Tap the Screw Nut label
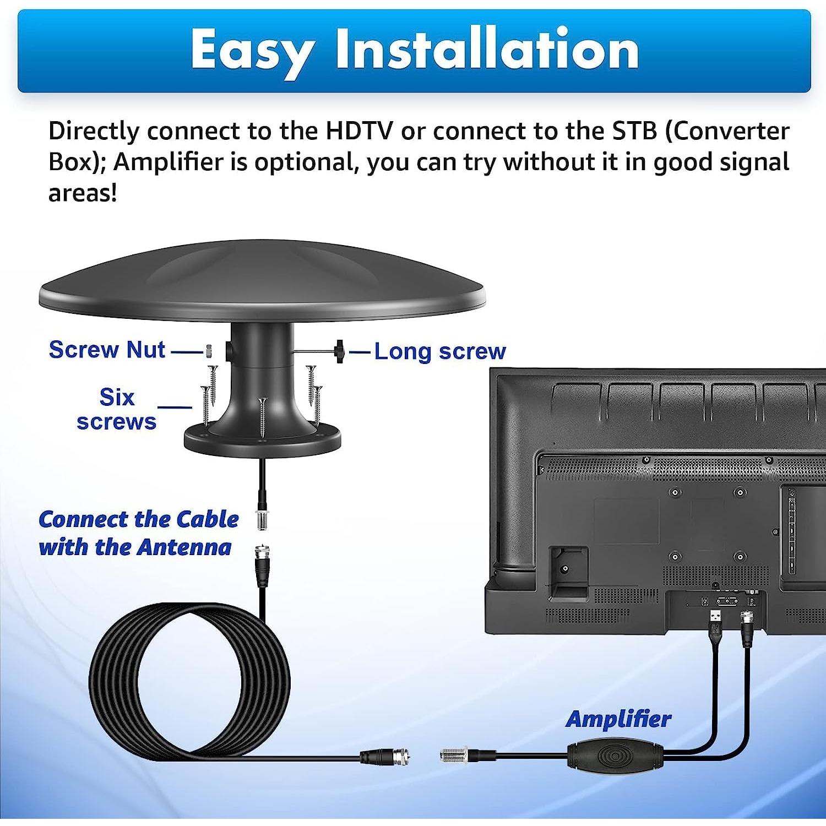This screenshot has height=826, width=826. coord(107,350)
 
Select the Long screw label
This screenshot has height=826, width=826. coord(439,351)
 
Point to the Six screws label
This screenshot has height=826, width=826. coord(116,409)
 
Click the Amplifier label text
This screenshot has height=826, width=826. coord(618,719)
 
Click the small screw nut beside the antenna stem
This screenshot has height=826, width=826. coord(209,350)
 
